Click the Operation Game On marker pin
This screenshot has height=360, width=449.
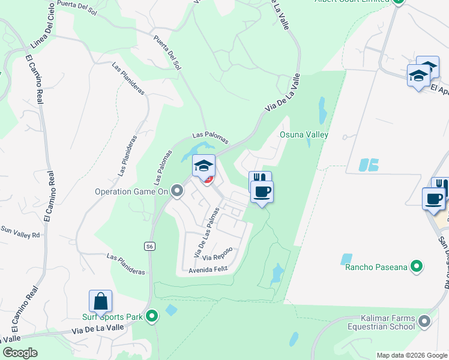[176, 191]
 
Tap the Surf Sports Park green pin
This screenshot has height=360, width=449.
[152, 315]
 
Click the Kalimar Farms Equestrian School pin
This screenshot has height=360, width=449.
[425, 322]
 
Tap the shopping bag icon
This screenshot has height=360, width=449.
[101, 301]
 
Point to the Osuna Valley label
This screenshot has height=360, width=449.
[304, 134]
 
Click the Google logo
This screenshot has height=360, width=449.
[20, 353]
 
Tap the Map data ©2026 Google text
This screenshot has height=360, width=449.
[411, 355]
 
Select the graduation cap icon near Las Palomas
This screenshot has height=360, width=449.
[203, 166]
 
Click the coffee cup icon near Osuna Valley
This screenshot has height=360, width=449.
[262, 192]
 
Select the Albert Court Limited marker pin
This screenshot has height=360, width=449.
[398, 2]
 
